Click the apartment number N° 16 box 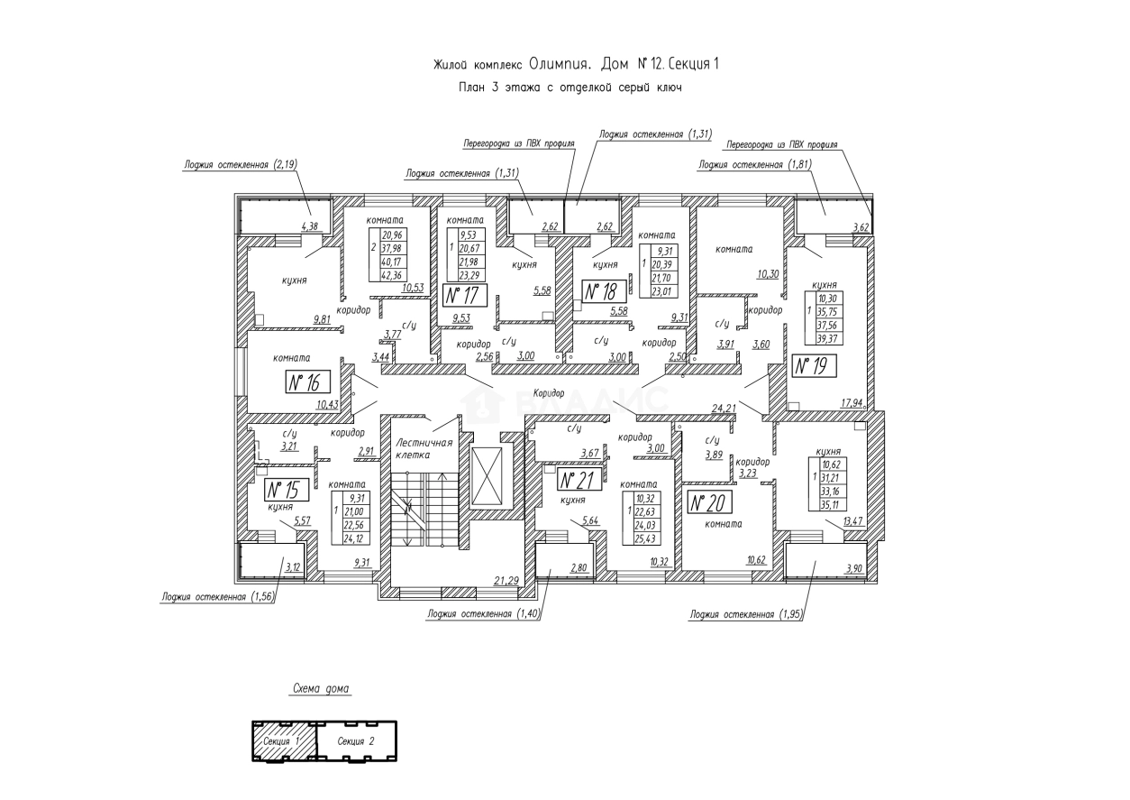point(305,382)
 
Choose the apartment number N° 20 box point(709,502)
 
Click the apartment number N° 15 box point(287,490)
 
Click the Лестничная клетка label point(423,449)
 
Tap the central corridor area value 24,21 point(724,409)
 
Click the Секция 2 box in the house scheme point(358,740)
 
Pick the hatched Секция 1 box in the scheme point(284,740)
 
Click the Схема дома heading point(321,690)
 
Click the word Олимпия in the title point(558,65)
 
